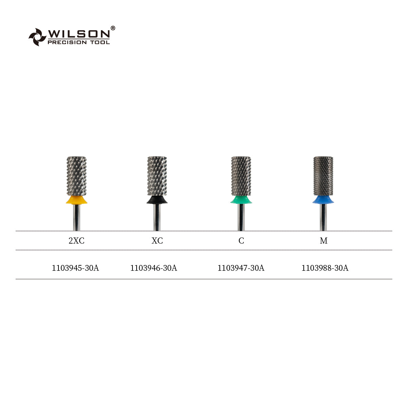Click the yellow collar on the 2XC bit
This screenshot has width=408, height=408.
point(76,200)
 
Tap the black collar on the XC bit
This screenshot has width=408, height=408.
point(157,200)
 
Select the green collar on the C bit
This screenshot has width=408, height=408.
point(241,200)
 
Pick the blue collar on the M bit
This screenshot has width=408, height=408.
point(323,199)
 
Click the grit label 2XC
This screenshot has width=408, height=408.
point(76,241)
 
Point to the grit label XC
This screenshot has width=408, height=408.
point(157,241)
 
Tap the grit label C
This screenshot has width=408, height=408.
point(241,241)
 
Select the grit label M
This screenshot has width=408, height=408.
point(323,241)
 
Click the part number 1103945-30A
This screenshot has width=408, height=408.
point(75,268)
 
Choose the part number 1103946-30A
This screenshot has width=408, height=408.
point(154,268)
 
